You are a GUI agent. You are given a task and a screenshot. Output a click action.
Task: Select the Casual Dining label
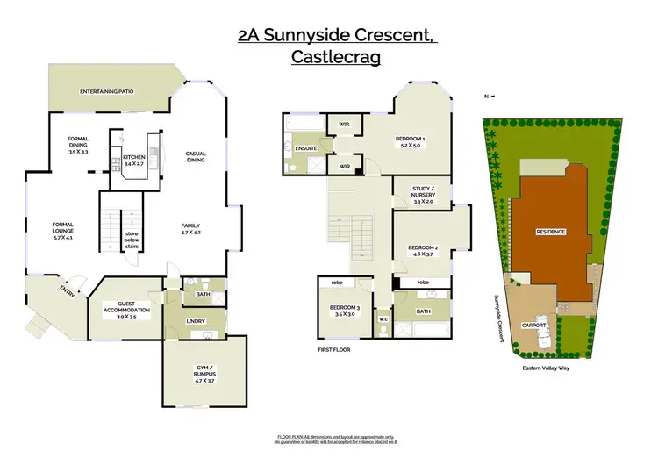(196, 157)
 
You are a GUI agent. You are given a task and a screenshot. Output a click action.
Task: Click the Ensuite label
(305, 147)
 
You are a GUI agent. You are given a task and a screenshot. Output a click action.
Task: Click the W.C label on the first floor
(383, 318)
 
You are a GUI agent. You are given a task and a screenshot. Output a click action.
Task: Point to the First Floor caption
(334, 349)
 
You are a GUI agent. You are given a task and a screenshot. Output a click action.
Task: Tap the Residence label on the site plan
(550, 232)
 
